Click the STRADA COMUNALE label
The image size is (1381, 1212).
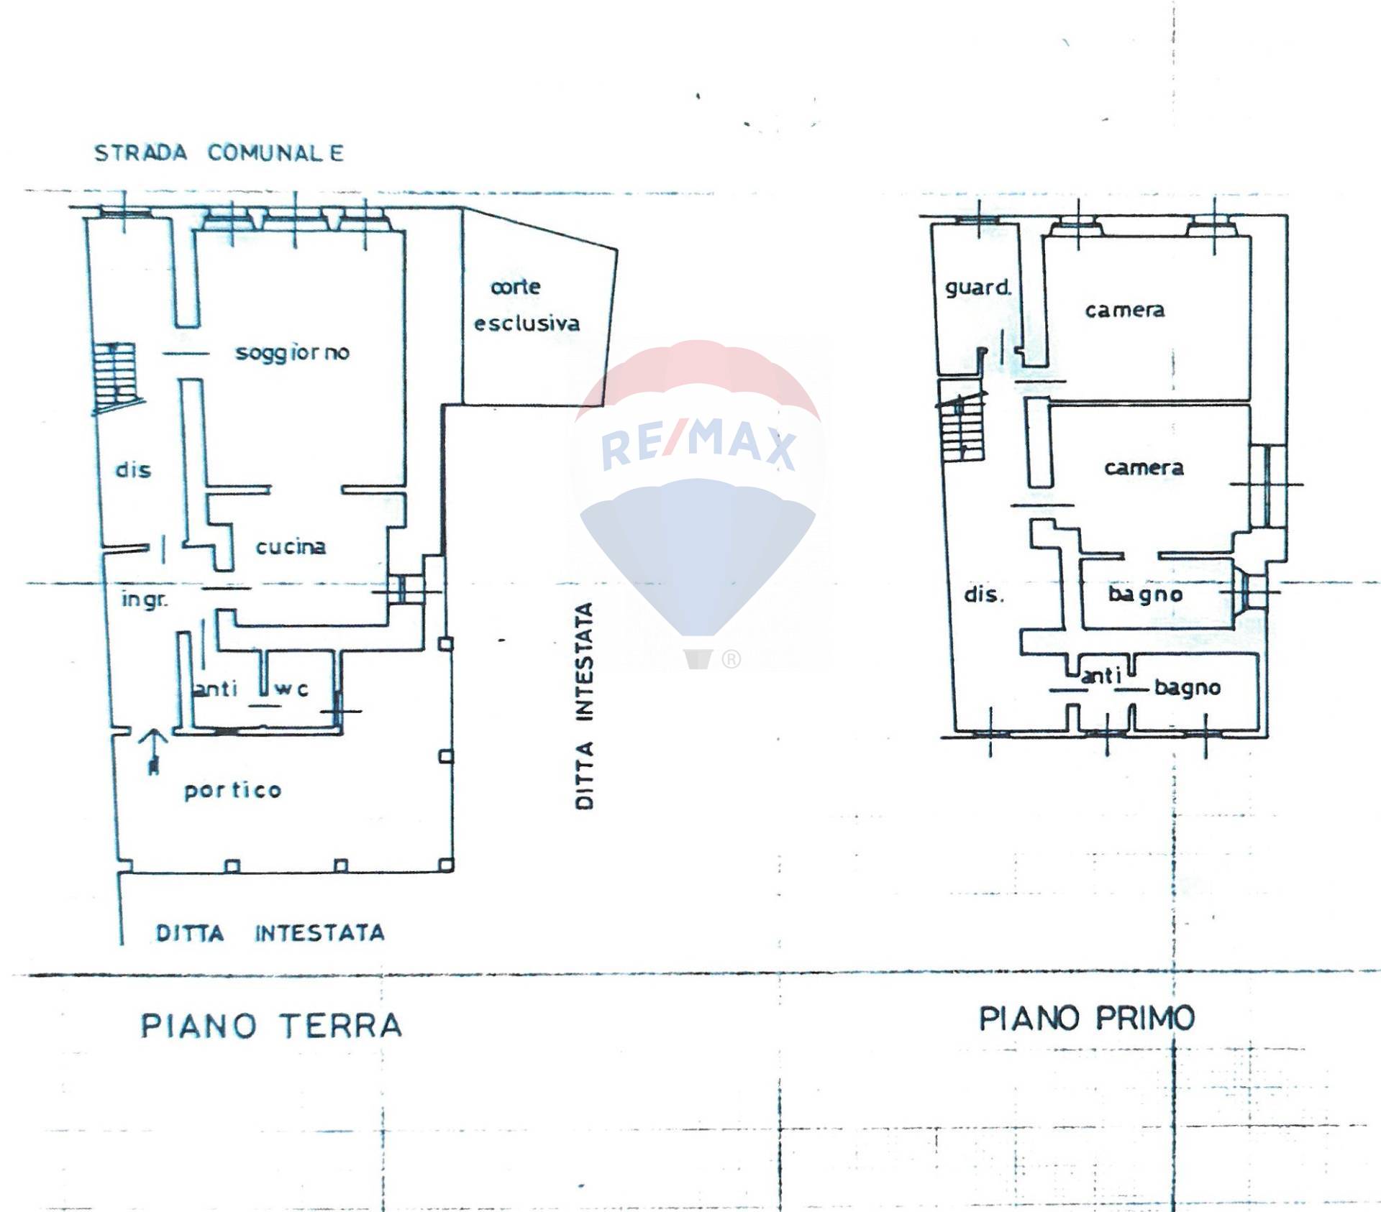click(219, 153)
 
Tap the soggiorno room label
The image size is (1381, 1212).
click(293, 353)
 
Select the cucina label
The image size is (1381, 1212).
click(291, 546)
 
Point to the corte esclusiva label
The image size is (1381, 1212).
click(527, 305)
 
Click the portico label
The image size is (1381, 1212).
click(233, 790)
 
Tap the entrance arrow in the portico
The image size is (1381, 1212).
click(153, 752)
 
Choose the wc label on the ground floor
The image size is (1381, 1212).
click(293, 689)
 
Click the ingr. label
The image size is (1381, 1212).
click(145, 599)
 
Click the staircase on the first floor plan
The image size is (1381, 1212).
click(960, 424)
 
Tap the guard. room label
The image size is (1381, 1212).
click(978, 288)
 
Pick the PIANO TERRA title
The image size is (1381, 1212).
click(271, 1025)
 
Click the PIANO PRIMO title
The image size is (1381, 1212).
click(1087, 1018)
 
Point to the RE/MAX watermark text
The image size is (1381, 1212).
click(698, 446)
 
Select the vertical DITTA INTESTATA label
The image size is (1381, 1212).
click(585, 706)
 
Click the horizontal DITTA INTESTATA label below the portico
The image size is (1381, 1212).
click(270, 933)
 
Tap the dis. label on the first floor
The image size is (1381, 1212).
click(983, 594)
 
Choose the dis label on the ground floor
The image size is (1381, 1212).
click(134, 470)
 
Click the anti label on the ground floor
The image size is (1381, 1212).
click(216, 689)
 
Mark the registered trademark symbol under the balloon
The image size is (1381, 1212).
click(731, 658)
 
